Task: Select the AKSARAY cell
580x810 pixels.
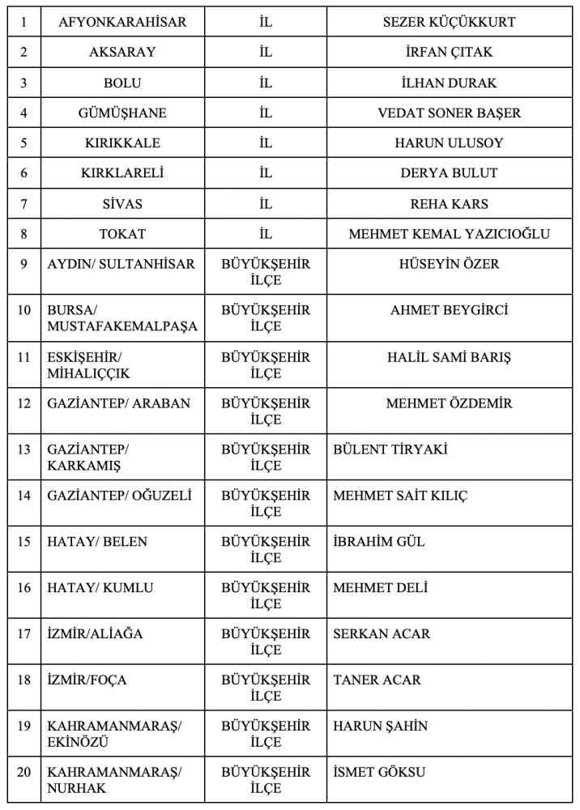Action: [x=123, y=53]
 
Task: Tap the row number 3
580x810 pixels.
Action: [x=23, y=83]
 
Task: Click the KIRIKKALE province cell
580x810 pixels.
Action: [x=123, y=143]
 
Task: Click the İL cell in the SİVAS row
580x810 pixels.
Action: [x=266, y=203]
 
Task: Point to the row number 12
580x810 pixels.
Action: [x=23, y=403]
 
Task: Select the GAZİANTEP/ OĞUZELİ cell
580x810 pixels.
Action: [x=120, y=495]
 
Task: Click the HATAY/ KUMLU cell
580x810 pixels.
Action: [x=100, y=588]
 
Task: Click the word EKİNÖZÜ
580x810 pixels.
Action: [x=79, y=742]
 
